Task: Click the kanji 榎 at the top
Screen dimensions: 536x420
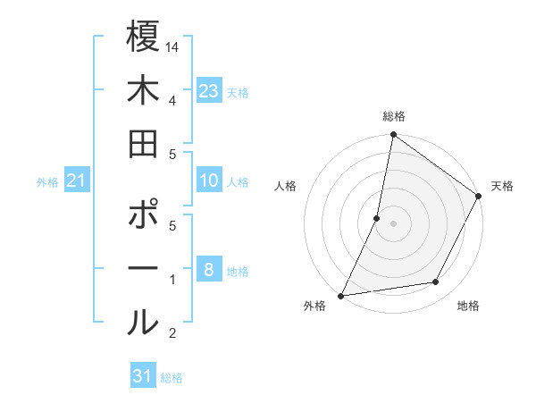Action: coord(143,38)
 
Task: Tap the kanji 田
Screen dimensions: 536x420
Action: coord(143,144)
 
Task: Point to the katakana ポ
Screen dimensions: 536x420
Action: coord(144,215)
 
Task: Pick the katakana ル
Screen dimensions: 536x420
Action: coord(143,323)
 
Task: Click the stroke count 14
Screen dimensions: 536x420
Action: coord(173,46)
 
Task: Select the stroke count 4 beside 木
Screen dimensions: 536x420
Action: coord(173,100)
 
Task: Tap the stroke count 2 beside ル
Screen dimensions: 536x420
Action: coord(173,333)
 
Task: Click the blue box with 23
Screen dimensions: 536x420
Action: coord(209,91)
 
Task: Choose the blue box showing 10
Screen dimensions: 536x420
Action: coord(209,181)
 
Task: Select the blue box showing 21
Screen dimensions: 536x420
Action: coord(77,181)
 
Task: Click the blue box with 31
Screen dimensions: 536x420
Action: coord(143,376)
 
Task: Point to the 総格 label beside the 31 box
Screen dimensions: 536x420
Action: coord(172,378)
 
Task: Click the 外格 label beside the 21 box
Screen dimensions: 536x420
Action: coord(47,182)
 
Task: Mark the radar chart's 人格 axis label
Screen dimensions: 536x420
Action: coord(286,186)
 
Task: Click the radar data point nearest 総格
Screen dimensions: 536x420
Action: coord(393,136)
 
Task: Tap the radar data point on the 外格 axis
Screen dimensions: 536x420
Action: coord(341,295)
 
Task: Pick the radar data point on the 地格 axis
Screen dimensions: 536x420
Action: coord(436,282)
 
